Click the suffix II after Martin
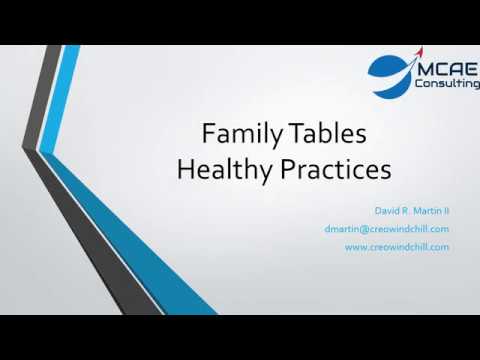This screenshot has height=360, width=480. [445, 211]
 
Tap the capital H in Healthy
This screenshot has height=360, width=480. [185, 169]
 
